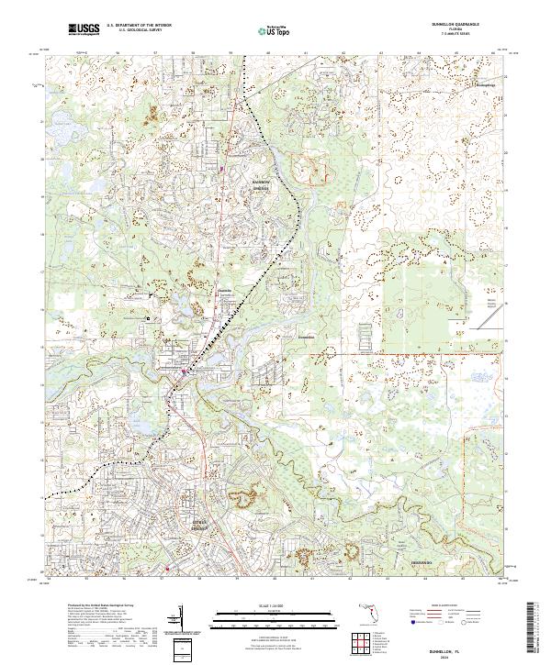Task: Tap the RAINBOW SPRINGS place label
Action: pyautogui.click(x=259, y=184)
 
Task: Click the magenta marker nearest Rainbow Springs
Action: pyautogui.click(x=221, y=168)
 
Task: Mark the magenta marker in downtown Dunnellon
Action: pyautogui.click(x=183, y=371)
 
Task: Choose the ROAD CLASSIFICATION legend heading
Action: pyautogui.click(x=448, y=606)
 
